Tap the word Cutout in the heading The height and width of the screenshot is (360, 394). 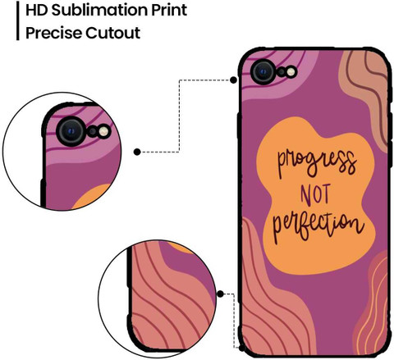click(x=113, y=33)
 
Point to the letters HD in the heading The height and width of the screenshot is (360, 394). click(x=37, y=11)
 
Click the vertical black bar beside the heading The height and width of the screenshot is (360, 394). click(x=18, y=21)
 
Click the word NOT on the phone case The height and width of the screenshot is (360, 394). click(x=315, y=195)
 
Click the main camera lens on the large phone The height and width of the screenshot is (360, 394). click(x=263, y=72)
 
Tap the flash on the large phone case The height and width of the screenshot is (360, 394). click(x=291, y=72)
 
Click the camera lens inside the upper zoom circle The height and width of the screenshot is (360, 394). click(x=71, y=132)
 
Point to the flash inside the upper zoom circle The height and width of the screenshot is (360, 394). click(x=104, y=131)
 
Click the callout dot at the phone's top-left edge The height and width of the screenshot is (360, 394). click(x=233, y=80)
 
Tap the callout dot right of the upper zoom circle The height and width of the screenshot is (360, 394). click(x=137, y=152)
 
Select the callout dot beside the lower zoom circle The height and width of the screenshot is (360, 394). click(x=220, y=294)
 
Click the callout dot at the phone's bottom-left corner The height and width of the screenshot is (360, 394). click(x=242, y=348)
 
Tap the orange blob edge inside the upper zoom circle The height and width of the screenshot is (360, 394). click(x=92, y=196)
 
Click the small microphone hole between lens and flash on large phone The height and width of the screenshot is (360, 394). click(x=282, y=72)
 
